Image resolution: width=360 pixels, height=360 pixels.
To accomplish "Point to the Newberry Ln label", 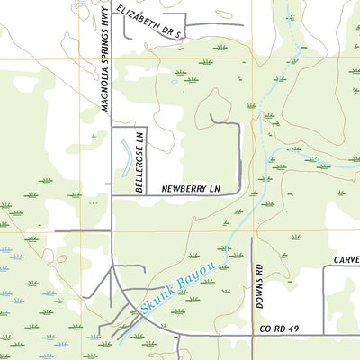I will (x=191, y=189).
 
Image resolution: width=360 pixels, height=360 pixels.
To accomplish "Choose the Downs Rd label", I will (x=258, y=287).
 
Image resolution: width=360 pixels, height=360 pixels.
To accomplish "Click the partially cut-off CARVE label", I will (x=346, y=259).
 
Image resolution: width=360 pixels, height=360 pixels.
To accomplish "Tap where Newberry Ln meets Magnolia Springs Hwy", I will (x=112, y=195).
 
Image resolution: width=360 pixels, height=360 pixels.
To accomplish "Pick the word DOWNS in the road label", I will (x=258, y=294).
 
